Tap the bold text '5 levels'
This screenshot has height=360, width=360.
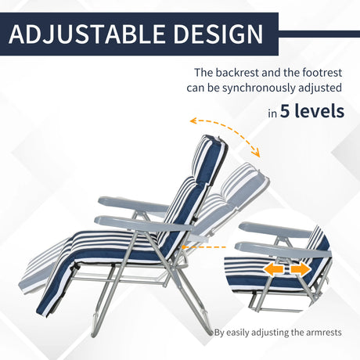pos(312,111)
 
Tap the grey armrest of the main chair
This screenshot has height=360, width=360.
pos(137,225)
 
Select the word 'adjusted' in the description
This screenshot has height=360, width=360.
pos(320,88)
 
